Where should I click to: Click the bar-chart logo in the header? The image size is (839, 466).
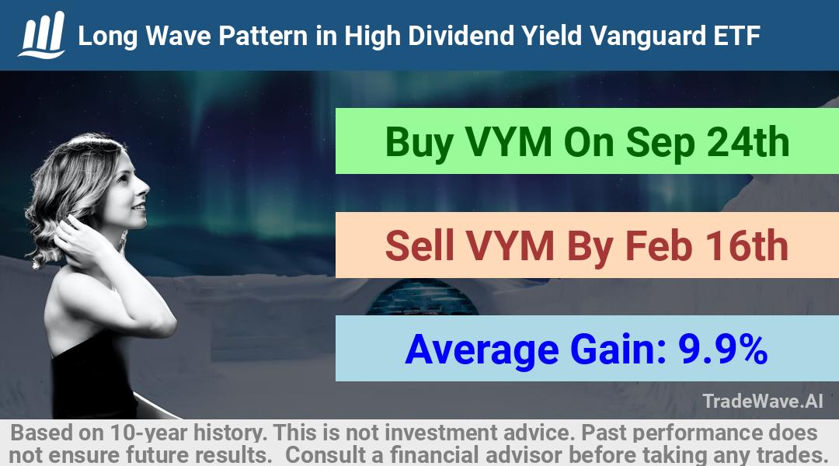[x=42, y=34]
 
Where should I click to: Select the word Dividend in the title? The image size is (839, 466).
[x=459, y=36]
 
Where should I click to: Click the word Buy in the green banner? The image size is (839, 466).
[x=419, y=144]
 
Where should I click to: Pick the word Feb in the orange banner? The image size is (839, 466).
[x=660, y=245]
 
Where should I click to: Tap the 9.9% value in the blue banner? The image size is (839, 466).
[x=723, y=349]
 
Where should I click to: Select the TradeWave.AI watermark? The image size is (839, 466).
[x=763, y=401]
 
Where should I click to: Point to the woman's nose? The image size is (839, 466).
[x=143, y=187]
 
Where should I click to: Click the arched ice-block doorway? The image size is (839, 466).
[x=422, y=297]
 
